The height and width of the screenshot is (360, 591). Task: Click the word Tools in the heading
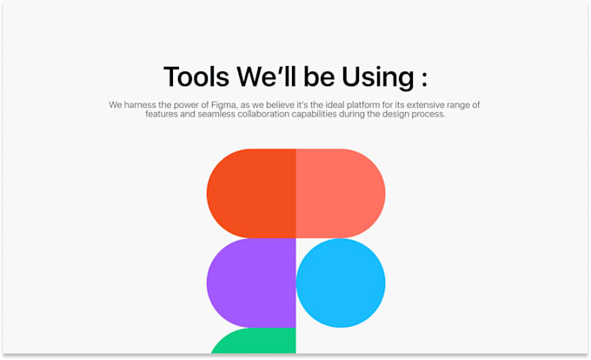pyautogui.click(x=196, y=77)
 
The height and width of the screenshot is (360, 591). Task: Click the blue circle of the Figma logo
pyautogui.click(x=341, y=283)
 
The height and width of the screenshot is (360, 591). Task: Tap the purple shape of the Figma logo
pyautogui.click(x=252, y=283)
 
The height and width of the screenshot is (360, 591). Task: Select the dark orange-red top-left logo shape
pyautogui.click(x=252, y=193)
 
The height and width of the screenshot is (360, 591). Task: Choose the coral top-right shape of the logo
pyautogui.click(x=341, y=193)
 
